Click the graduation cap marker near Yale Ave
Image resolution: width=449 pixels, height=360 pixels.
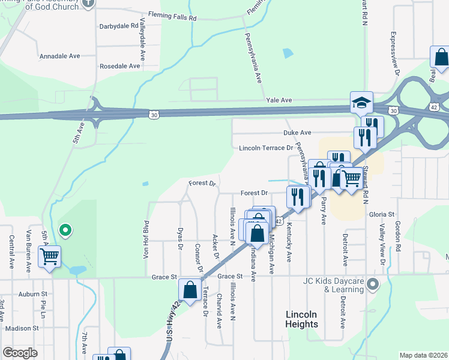pos(362,103)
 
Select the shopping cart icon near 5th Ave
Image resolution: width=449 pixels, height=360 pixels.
pos(49,257)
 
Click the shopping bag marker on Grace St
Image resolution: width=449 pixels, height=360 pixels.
pos(190,290)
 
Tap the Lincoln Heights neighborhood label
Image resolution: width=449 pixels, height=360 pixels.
pos(301,319)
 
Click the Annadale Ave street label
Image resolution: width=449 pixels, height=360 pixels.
pos(59,56)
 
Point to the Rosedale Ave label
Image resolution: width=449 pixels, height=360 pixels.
pos(119,66)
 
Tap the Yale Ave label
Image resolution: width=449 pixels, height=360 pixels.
pos(279,100)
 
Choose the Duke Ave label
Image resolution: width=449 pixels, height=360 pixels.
pos(297,132)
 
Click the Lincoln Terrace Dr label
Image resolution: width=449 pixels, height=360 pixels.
pos(265,148)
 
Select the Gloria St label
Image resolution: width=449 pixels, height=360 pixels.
pos(382,214)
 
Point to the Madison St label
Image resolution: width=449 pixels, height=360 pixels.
pos(22,328)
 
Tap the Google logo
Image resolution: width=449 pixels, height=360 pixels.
pos(20,353)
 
